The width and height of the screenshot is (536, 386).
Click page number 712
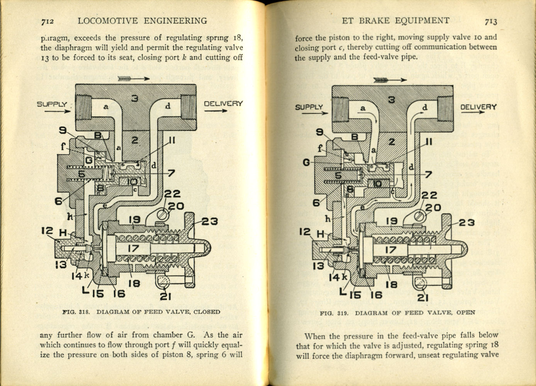click(x=47, y=22)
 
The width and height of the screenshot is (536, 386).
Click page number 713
click(x=490, y=22)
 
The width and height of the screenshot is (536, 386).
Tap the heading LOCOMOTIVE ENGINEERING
click(x=142, y=21)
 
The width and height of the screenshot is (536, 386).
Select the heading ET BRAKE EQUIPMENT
click(x=395, y=20)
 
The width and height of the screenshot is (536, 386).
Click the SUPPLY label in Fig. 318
click(x=52, y=104)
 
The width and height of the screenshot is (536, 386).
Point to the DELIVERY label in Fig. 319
click(x=478, y=107)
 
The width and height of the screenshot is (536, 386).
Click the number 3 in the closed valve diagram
click(x=134, y=99)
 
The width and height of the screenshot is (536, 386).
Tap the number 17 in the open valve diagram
click(x=390, y=250)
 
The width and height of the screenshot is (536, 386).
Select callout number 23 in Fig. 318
click(x=209, y=221)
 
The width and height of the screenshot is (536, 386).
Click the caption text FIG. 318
click(x=76, y=312)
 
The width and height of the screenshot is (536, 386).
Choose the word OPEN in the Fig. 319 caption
click(x=465, y=313)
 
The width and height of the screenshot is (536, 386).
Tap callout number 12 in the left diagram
click(x=47, y=231)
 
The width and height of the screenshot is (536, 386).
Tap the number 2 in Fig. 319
click(x=392, y=142)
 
